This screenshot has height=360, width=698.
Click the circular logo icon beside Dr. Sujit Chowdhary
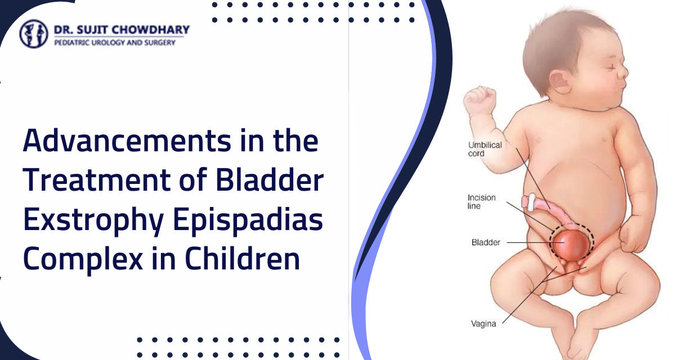tap(34, 34)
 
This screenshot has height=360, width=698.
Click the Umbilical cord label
tap(484, 149)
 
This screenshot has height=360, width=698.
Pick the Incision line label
tap(482, 202)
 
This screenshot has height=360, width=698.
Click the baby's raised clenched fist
tap(479, 101)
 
